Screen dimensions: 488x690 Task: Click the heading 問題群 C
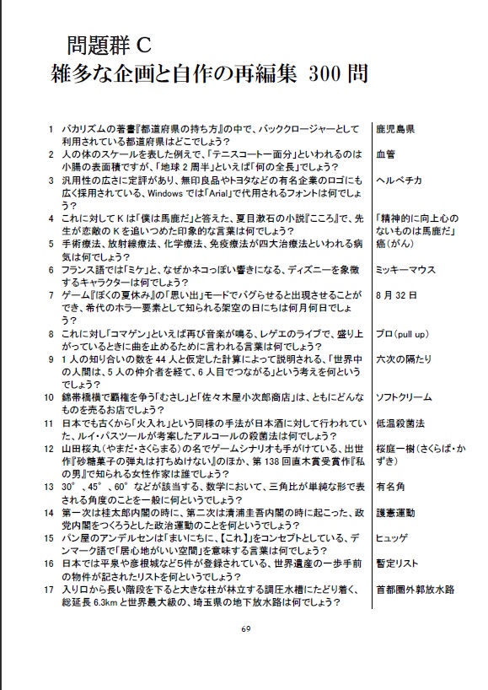coord(109,45)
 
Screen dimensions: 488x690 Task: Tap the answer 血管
coord(385,154)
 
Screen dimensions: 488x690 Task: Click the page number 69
coord(245,629)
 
